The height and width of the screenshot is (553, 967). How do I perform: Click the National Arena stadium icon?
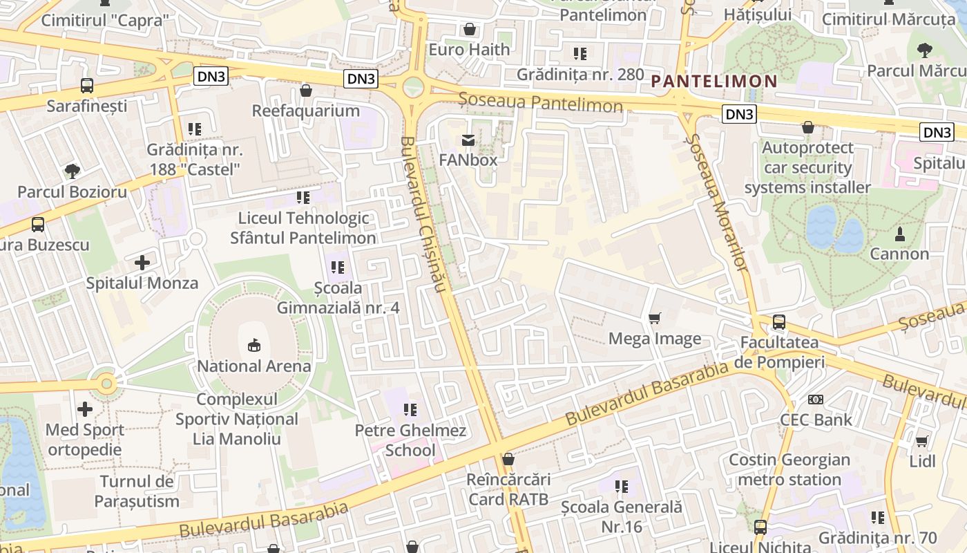pos(254,345)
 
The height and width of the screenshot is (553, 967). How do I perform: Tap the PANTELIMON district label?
pos(714,81)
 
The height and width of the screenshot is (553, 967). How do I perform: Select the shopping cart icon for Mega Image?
pos(654,318)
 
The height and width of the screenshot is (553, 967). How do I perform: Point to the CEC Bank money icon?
pos(816,399)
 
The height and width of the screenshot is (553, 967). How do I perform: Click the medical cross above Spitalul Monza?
pos(142,263)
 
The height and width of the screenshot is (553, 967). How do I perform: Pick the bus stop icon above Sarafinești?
pos(87,86)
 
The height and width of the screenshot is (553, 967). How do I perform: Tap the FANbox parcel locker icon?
pos(468,140)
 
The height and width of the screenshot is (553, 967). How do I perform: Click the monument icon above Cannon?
pos(899,234)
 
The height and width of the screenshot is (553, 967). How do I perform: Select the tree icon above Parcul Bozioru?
pos(72,171)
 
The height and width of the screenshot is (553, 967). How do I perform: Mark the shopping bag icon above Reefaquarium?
pos(306,91)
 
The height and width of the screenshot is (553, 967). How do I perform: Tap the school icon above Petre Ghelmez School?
pos(410,410)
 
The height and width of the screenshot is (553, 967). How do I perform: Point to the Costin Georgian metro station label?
pos(789,469)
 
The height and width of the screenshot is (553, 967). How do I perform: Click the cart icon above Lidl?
pos(921,441)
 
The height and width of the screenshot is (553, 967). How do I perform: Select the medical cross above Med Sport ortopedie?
pos(85,409)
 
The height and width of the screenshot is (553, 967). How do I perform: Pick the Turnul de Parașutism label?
pos(137,491)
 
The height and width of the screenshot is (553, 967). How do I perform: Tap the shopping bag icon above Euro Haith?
pos(470,29)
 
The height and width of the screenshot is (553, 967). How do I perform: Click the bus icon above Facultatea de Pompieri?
pos(779,321)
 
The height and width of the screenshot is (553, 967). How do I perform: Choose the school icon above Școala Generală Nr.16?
pos(622,487)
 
